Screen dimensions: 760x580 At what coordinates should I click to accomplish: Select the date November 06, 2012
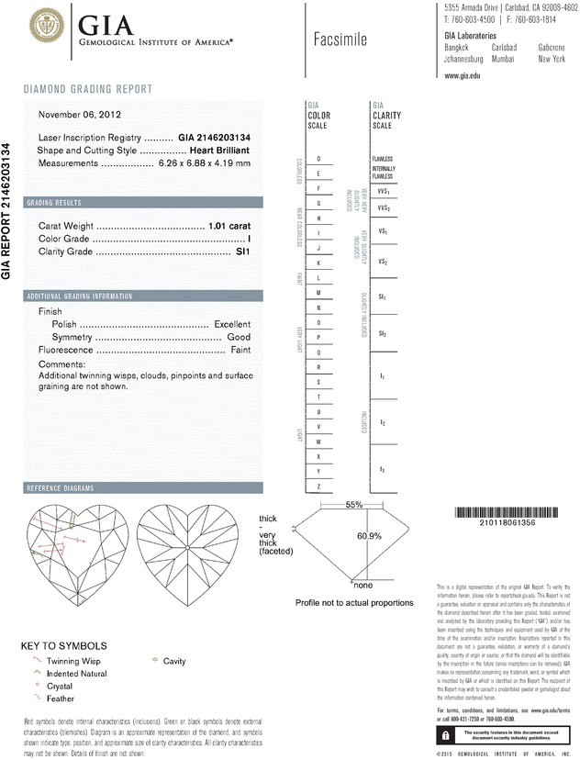(x=80, y=116)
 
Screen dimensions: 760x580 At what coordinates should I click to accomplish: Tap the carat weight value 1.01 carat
(x=229, y=225)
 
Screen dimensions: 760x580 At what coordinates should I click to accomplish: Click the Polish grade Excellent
(x=232, y=324)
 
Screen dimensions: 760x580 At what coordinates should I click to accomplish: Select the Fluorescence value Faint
(x=240, y=350)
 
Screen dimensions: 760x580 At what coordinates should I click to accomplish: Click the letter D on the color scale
(x=318, y=160)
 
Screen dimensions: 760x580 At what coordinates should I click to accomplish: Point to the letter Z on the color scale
(x=318, y=486)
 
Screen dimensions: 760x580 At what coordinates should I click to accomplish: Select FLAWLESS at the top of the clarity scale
(x=383, y=159)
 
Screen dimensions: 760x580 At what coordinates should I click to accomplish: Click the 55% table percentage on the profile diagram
(x=354, y=505)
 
